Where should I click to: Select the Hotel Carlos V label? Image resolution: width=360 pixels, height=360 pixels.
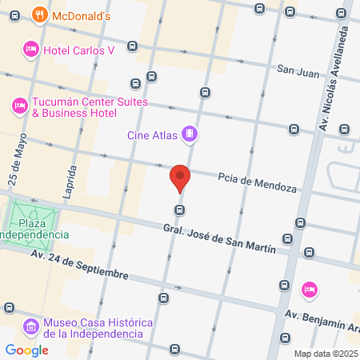coord(78,50)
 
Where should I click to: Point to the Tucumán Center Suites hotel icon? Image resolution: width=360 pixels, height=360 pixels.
coord(19,106)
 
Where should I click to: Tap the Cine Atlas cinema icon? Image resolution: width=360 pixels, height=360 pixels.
coord(190,133)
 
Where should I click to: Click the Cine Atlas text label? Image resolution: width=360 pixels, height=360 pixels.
coord(152,134)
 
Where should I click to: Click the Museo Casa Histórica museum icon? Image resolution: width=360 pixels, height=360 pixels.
coord(30,326)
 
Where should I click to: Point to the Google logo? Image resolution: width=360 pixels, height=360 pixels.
coord(26,350)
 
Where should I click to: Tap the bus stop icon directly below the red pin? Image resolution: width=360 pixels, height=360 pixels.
coord(180,210)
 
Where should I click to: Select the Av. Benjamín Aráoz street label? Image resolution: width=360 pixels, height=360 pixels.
coord(326,319)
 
